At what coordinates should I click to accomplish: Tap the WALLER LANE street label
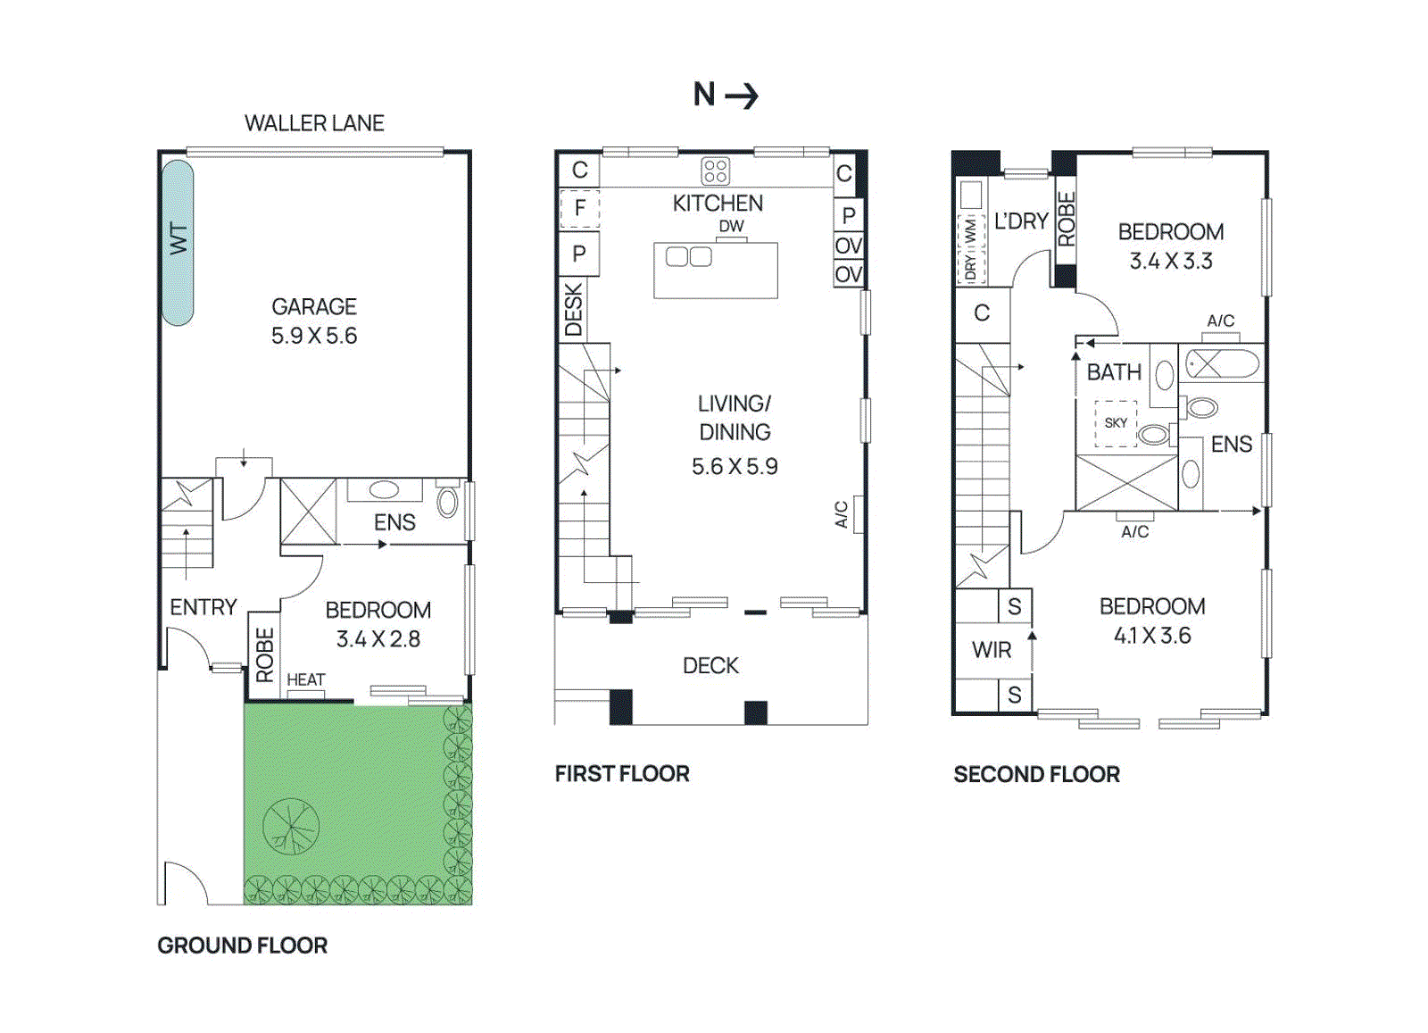point(314,123)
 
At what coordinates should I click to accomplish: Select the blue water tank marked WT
point(178,241)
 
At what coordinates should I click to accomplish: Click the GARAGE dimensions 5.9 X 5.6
point(314,336)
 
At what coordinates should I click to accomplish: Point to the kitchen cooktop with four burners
point(715,171)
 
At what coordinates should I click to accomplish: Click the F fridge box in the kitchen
point(579,209)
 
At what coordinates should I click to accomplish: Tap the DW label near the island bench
point(731,226)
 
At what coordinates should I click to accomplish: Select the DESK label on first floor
point(573,309)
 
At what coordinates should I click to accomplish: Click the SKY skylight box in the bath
point(1116,423)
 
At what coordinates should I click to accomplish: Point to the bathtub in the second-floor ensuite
point(1221,364)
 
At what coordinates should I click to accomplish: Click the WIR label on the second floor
point(992,650)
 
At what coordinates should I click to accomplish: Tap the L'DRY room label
point(1020,221)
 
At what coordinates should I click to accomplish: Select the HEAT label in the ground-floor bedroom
point(305,680)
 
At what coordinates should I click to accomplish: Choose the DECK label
point(710,666)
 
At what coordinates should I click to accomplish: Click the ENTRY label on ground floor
point(203,607)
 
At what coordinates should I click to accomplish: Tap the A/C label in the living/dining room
point(841,514)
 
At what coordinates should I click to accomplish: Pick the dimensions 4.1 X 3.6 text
point(1151,636)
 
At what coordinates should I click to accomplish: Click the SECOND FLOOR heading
point(1036,774)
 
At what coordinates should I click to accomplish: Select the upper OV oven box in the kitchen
point(848,246)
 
